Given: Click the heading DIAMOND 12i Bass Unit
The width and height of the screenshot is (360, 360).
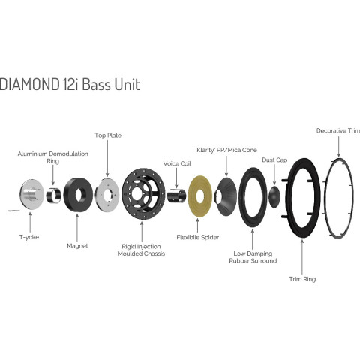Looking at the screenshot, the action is [70, 84].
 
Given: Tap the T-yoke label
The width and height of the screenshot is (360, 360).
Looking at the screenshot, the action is [29, 237].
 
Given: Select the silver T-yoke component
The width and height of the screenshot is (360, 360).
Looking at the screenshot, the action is [31, 194].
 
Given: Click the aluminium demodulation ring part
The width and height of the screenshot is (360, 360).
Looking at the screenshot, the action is [54, 195].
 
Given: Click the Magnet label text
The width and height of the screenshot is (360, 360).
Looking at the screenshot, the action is [77, 246].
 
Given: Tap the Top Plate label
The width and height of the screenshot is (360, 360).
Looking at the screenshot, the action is [108, 136].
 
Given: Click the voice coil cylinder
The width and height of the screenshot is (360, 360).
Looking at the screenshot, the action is [176, 196].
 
